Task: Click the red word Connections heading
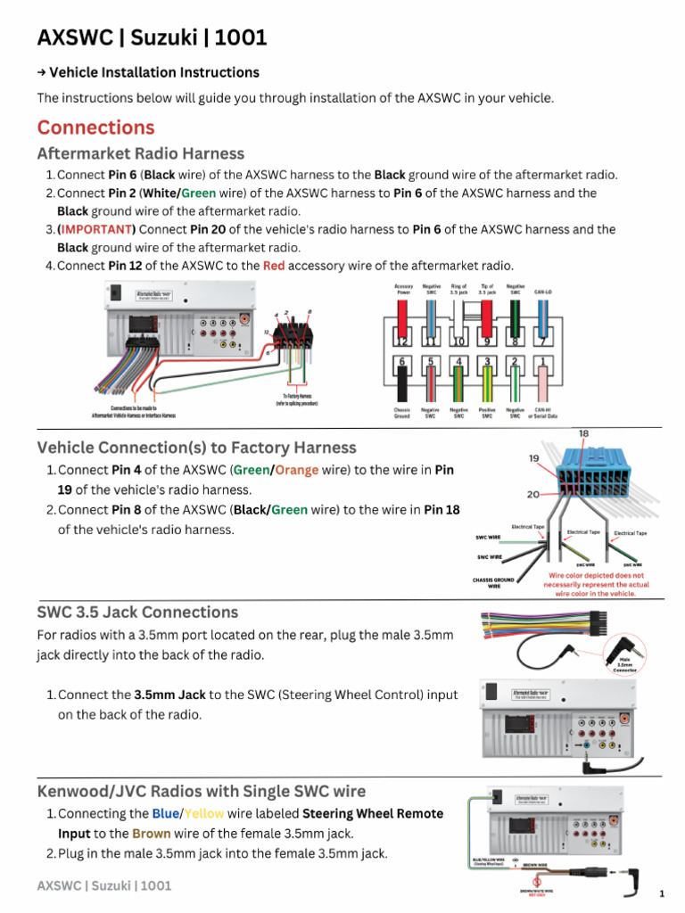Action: click(x=95, y=127)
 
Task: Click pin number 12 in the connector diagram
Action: click(x=402, y=341)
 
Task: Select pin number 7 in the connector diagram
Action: click(x=541, y=341)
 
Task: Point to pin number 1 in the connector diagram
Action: click(x=541, y=362)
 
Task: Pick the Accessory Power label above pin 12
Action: click(x=403, y=289)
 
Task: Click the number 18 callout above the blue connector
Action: click(x=583, y=433)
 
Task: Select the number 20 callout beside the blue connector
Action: click(x=533, y=493)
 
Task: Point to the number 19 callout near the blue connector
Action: click(x=533, y=458)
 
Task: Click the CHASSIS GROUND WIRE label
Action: click(x=493, y=583)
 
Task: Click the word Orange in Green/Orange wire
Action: click(x=297, y=470)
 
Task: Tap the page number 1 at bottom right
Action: click(x=662, y=893)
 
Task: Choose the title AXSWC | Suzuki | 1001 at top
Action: click(x=152, y=37)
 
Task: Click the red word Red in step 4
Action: click(x=274, y=266)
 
